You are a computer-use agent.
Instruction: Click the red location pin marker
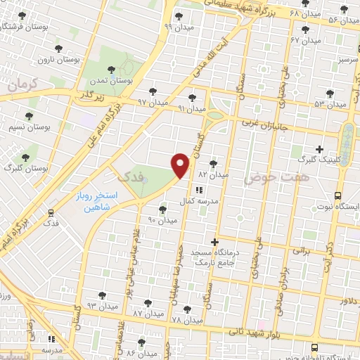[x=181, y=165]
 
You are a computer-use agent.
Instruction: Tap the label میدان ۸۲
[x=214, y=173]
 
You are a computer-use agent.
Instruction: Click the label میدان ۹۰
[x=162, y=220]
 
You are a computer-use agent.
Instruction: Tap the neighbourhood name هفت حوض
[x=267, y=180]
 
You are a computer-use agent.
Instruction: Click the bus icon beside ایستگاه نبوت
[x=338, y=196]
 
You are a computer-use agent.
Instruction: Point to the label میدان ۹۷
[x=153, y=103]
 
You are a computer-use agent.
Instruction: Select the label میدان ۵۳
[x=330, y=104]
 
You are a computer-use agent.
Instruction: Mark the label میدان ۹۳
[x=101, y=306]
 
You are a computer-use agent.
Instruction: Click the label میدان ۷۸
[x=187, y=320]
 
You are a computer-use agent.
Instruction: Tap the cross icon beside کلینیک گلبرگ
[x=320, y=149]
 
